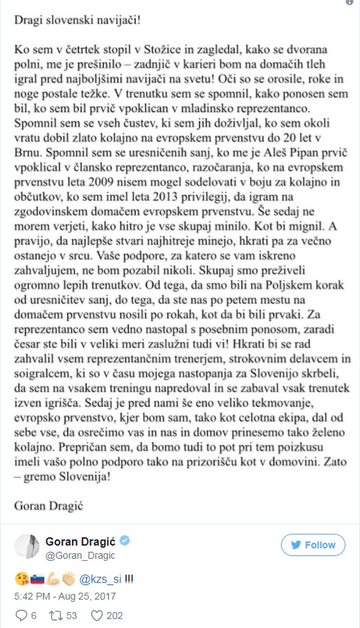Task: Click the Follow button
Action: pyautogui.click(x=313, y=545)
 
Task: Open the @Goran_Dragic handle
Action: pyautogui.click(x=80, y=556)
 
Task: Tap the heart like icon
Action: pyautogui.click(x=97, y=615)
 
